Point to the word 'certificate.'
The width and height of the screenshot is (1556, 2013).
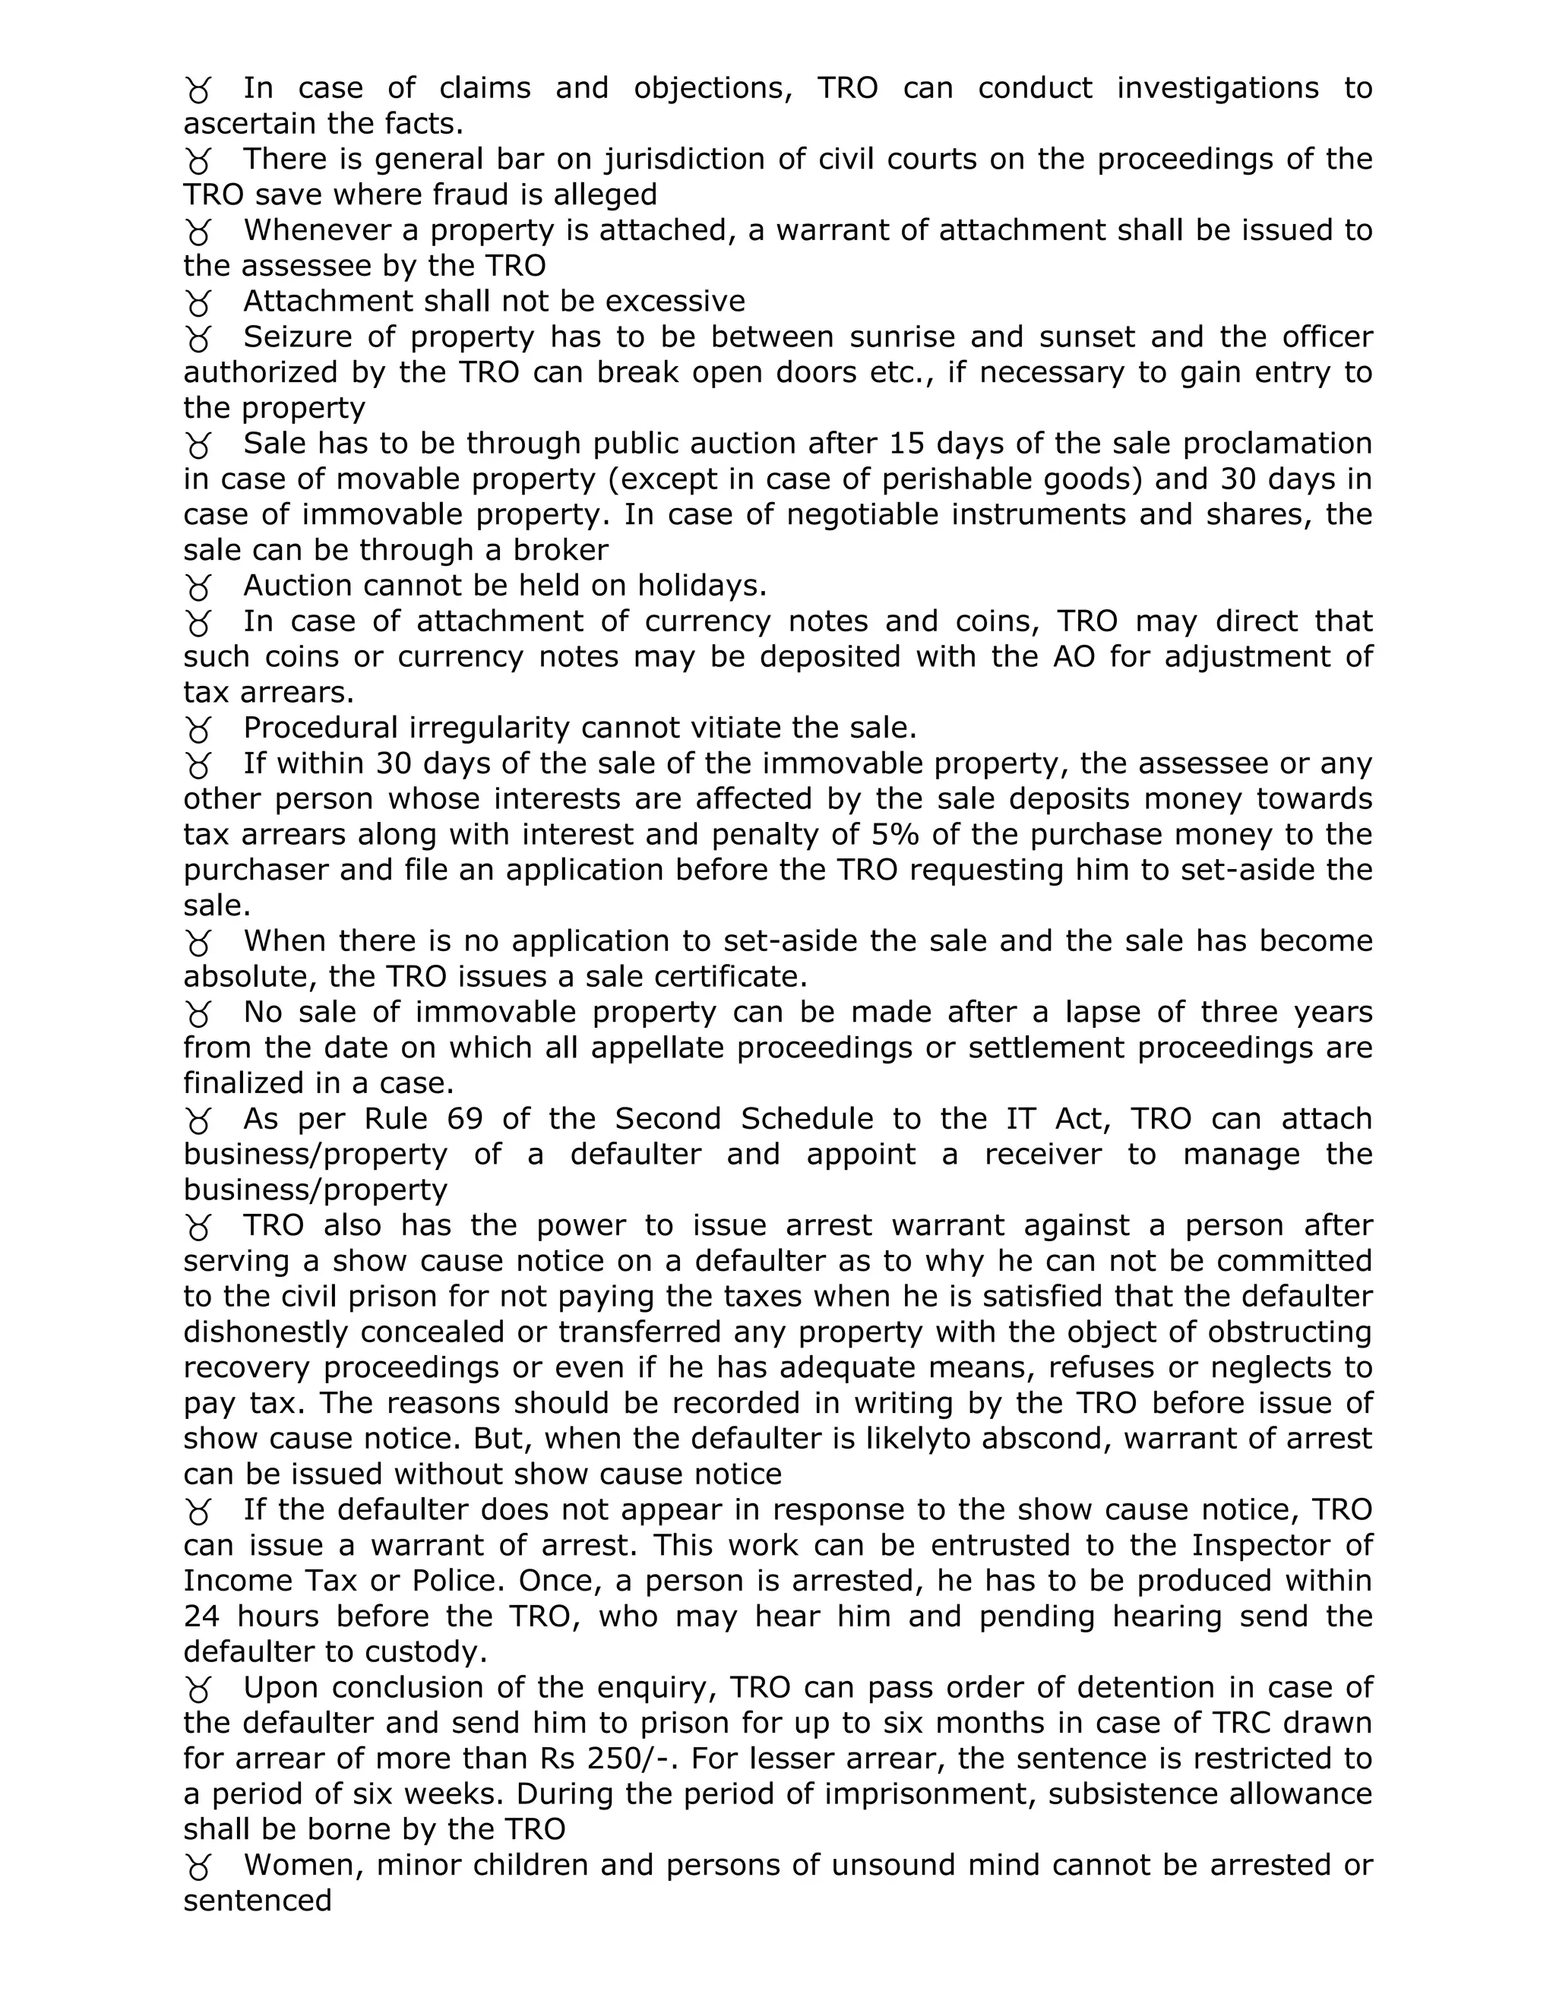click(730, 977)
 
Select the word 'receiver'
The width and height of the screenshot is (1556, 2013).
click(1042, 1155)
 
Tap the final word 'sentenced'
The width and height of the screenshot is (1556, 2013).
click(258, 1901)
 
